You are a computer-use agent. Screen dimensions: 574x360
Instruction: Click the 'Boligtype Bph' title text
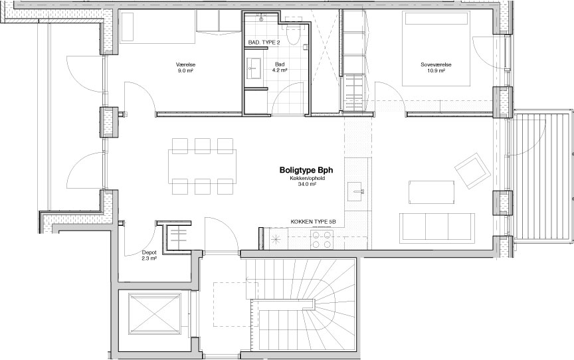[x=306, y=170]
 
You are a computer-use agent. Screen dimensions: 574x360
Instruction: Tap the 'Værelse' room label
[x=185, y=64]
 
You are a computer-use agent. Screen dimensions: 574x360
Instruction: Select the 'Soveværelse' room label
[x=436, y=64]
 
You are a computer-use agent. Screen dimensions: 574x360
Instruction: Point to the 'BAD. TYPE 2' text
[x=264, y=43]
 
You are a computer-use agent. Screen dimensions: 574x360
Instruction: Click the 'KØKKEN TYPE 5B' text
[x=313, y=222]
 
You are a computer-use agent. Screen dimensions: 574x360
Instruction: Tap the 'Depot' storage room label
[x=149, y=252]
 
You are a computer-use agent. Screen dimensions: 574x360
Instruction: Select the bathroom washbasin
[x=254, y=68]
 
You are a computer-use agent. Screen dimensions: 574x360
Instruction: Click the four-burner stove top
[x=322, y=240]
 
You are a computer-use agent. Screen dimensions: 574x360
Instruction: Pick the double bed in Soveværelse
[x=436, y=48]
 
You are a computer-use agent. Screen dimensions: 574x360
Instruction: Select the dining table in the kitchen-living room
[x=203, y=166]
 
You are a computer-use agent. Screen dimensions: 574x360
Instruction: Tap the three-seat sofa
[x=436, y=227]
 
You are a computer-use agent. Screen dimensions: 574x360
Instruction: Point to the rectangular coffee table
[x=432, y=192]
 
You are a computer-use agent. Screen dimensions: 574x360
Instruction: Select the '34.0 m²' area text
[x=307, y=185]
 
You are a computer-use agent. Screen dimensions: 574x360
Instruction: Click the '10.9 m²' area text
[x=436, y=70]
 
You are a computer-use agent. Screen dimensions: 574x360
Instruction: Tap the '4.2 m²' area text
[x=280, y=70]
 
